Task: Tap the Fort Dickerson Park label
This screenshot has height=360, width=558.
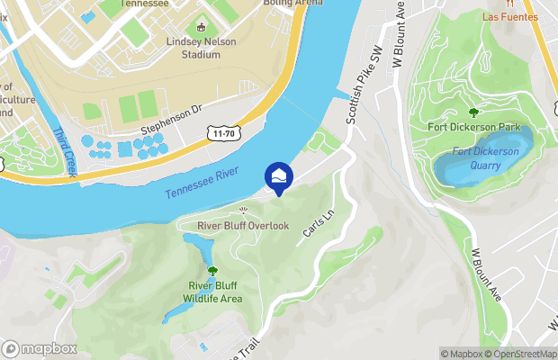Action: point(474,128)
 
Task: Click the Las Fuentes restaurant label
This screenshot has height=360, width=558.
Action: point(509,17)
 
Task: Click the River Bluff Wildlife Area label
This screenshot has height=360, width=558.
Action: point(212,292)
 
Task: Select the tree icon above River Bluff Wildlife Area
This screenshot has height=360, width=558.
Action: point(212,270)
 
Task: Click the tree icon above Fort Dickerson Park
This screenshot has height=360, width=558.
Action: point(474,112)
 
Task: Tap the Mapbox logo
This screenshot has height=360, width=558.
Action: point(40,349)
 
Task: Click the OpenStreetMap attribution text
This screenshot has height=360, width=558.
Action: point(518,354)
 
